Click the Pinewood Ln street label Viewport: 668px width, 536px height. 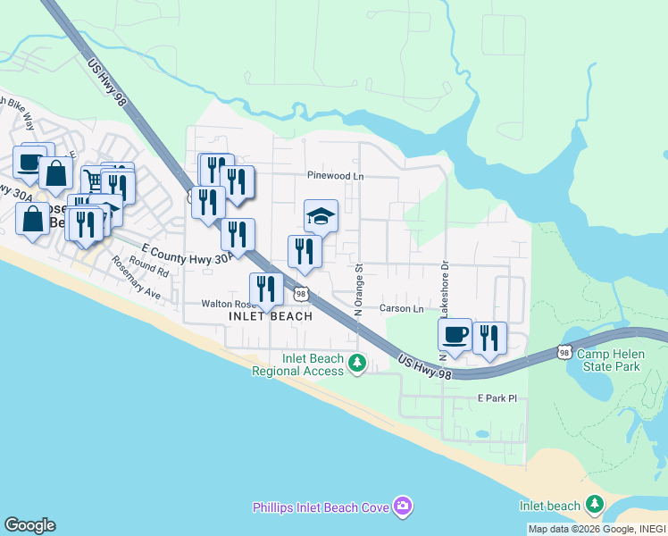click(x=335, y=176)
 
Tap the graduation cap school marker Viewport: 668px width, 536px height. click(x=321, y=216)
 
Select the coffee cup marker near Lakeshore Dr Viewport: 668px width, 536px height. click(x=455, y=335)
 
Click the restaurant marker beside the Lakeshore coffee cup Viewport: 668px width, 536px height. click(x=488, y=338)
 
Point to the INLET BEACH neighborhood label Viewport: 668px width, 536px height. click(x=271, y=316)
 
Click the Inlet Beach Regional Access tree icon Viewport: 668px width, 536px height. click(x=357, y=363)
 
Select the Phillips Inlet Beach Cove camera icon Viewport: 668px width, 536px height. click(x=403, y=507)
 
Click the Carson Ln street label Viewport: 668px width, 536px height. click(x=402, y=308)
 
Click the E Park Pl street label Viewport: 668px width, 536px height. click(x=497, y=398)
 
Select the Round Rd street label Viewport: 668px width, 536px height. click(x=148, y=265)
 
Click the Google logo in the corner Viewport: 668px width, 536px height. click(x=29, y=525)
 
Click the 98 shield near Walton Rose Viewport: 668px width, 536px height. click(x=301, y=294)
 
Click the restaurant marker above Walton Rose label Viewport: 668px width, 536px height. click(x=265, y=288)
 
